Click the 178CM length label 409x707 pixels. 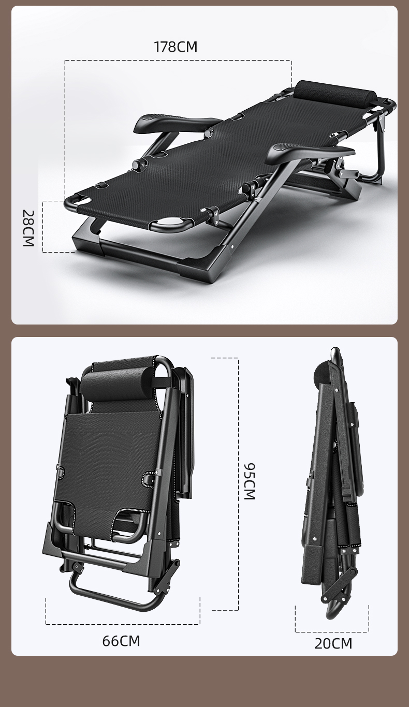point(176,47)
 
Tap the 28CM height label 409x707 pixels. point(28,228)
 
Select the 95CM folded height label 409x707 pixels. point(250,481)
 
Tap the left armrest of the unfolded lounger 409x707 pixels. point(177,121)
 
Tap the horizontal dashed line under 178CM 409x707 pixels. point(178,60)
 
